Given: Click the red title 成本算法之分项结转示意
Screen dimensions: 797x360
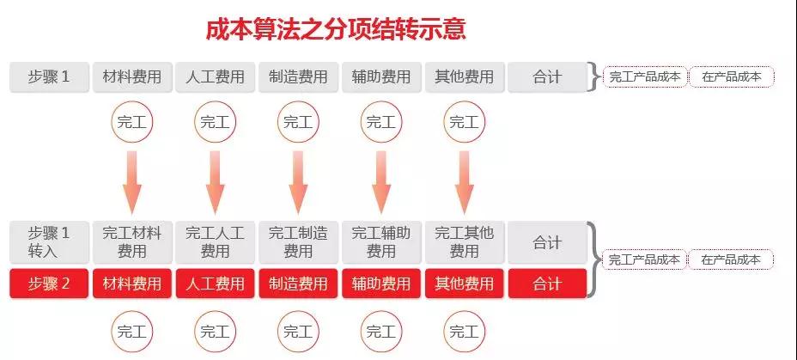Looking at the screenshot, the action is point(336,29).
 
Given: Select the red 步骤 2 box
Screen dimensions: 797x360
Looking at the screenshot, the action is point(49,284).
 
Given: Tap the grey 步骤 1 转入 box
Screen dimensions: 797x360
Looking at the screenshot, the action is point(49,242).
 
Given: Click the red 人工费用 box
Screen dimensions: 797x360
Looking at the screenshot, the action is point(215,284).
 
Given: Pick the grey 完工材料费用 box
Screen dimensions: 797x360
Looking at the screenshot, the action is point(132,242).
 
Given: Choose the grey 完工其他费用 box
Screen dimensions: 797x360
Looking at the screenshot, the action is point(465,242).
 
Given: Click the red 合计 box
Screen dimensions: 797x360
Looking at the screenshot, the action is point(547,284).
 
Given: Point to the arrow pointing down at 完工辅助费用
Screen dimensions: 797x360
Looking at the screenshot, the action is point(381,182).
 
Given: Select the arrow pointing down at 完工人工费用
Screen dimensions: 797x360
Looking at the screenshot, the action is point(215,182).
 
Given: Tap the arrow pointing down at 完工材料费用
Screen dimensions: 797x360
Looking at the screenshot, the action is point(132,182).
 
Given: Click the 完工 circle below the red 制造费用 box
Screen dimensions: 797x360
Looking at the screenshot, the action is point(298,332).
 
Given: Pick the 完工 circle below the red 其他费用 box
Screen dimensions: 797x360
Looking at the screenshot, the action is point(465,332).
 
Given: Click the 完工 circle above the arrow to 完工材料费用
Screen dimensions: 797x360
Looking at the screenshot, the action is point(132,122).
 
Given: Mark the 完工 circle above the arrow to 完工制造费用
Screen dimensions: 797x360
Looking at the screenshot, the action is point(298,122).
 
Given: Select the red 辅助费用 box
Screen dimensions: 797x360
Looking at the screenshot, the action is point(381,284).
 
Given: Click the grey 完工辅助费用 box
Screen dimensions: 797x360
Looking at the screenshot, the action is point(381,242).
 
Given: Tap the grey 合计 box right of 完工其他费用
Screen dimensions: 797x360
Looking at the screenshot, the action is point(547,242).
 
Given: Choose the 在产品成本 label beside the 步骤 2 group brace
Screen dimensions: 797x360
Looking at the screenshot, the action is point(731,259).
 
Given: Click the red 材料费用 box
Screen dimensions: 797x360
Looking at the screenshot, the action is point(132,284).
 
